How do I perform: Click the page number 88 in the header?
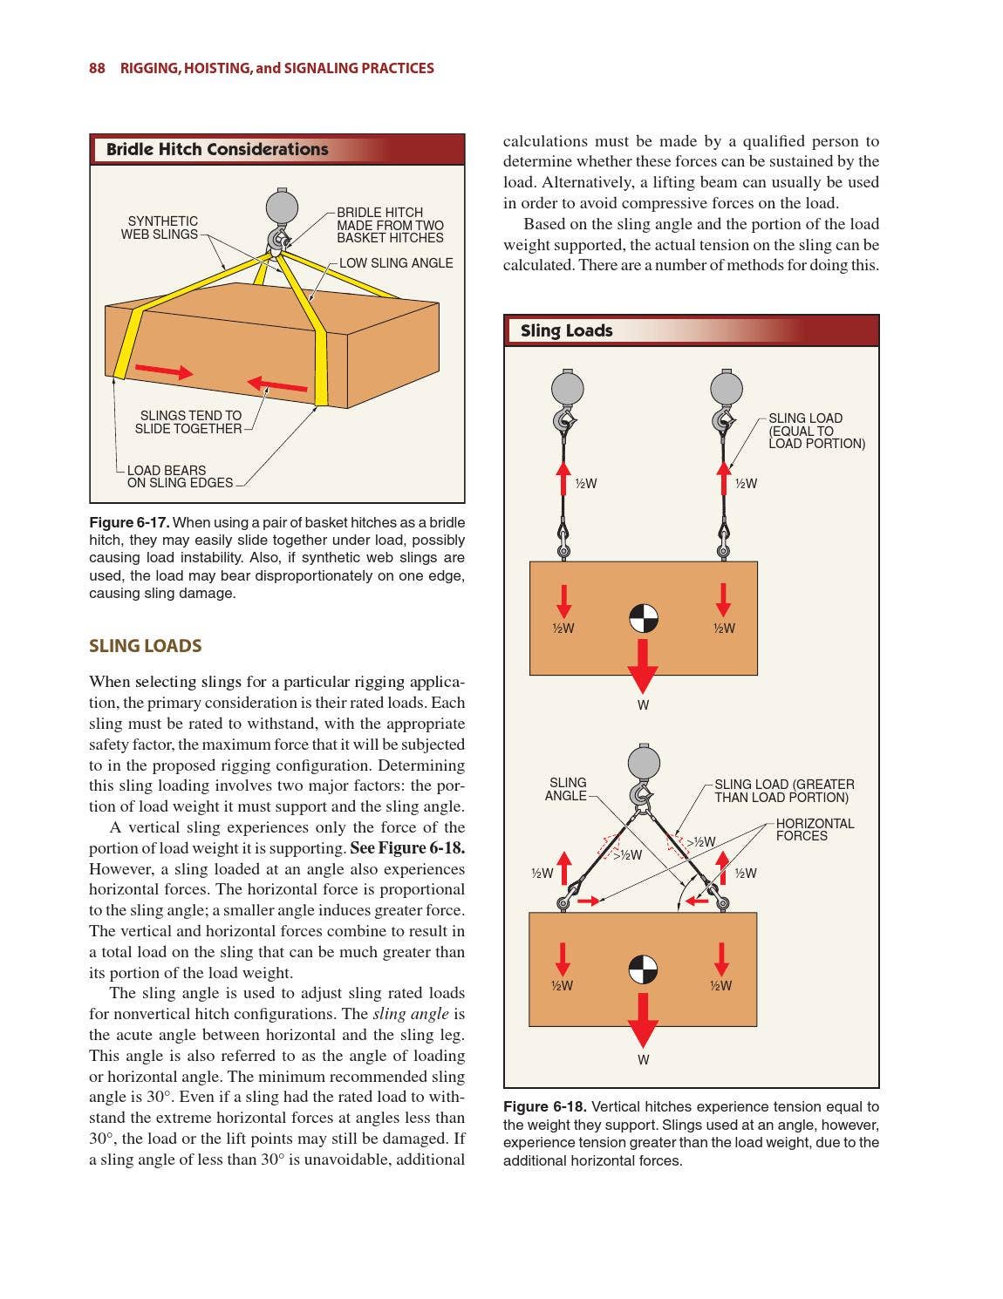(x=97, y=68)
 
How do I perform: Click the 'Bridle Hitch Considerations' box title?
(x=217, y=149)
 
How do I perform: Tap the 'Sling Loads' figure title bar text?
(x=566, y=330)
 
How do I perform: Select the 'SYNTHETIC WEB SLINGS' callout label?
(x=160, y=228)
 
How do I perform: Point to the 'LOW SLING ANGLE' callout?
(x=396, y=263)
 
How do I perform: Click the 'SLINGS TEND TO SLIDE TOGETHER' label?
(x=189, y=422)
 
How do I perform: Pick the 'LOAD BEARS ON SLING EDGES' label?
(x=180, y=476)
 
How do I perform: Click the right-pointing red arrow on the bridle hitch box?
(x=164, y=370)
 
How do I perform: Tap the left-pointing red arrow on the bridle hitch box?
(x=276, y=384)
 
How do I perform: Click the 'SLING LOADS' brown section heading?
(x=145, y=646)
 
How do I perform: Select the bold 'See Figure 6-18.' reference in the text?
(x=407, y=848)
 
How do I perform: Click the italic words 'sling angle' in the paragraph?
(x=410, y=1014)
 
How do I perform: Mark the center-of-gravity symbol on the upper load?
(x=644, y=618)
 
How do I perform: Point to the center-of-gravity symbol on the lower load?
(x=644, y=969)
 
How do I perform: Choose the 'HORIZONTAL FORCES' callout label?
(x=815, y=829)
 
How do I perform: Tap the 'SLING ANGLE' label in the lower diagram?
(x=567, y=789)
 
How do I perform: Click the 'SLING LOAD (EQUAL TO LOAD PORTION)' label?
(x=815, y=431)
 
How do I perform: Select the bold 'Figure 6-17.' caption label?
(x=128, y=522)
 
